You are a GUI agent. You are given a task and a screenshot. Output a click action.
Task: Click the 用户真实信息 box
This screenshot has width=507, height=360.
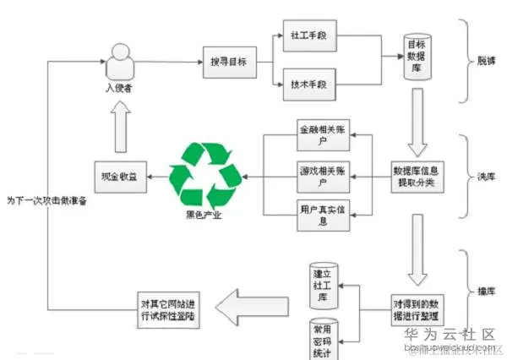coord(323,215)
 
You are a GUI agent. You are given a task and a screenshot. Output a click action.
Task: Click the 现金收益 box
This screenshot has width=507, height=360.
coord(117,176)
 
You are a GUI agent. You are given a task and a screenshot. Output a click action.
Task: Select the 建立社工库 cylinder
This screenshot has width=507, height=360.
coord(323,282)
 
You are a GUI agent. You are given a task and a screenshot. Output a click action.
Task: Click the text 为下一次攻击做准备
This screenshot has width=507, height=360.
coord(46,201)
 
